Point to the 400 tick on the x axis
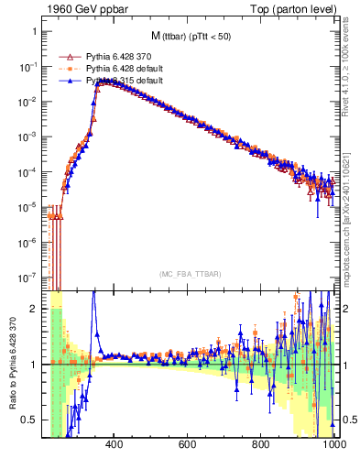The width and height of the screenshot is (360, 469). (115, 446)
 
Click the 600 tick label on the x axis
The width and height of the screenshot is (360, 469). (188, 446)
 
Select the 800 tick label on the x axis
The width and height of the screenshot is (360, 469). (261, 446)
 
